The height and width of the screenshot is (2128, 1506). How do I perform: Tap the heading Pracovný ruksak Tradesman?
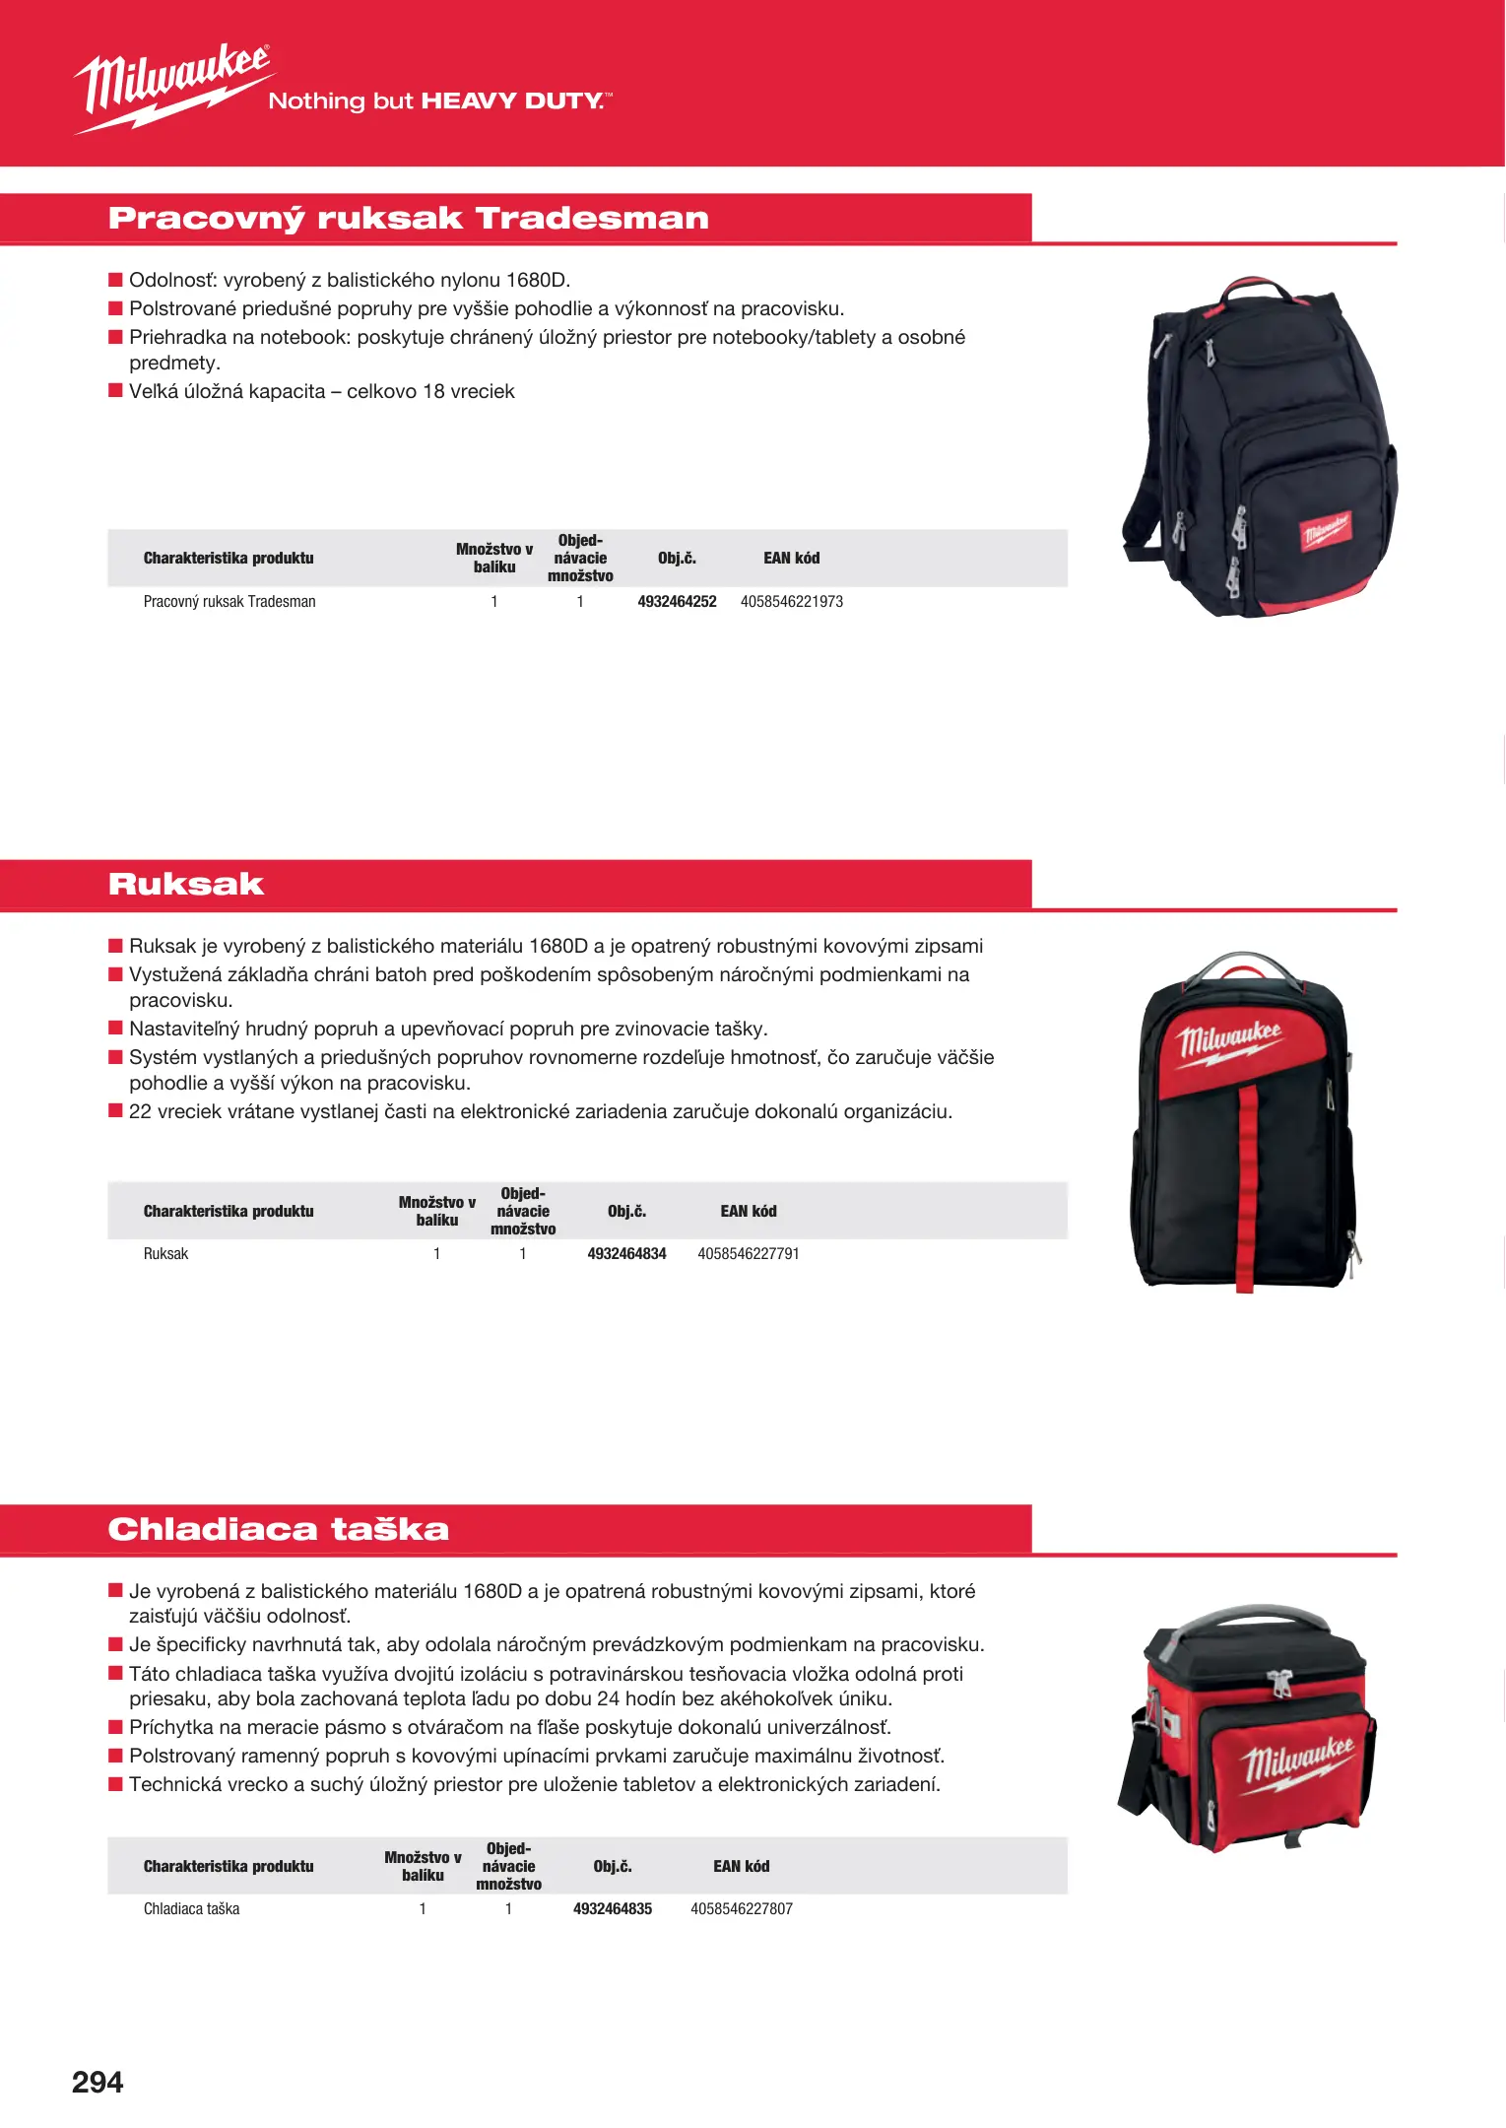(x=408, y=218)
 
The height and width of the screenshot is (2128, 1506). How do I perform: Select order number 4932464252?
(x=677, y=601)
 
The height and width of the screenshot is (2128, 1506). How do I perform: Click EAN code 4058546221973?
(x=791, y=601)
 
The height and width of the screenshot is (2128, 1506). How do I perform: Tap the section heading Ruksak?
(x=186, y=884)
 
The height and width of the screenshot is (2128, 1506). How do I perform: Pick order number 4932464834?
(x=626, y=1253)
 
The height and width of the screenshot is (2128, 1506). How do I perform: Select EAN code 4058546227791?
(x=749, y=1253)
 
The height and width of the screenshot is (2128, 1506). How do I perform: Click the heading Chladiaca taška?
(x=279, y=1529)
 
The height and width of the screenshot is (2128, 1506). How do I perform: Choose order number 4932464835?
(x=613, y=1908)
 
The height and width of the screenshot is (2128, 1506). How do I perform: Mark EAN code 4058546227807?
(x=742, y=1908)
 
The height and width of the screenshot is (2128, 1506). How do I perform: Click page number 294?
(x=98, y=2082)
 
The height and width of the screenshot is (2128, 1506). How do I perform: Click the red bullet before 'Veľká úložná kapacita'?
(x=115, y=391)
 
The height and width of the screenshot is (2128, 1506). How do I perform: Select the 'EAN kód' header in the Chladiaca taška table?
(x=742, y=1866)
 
